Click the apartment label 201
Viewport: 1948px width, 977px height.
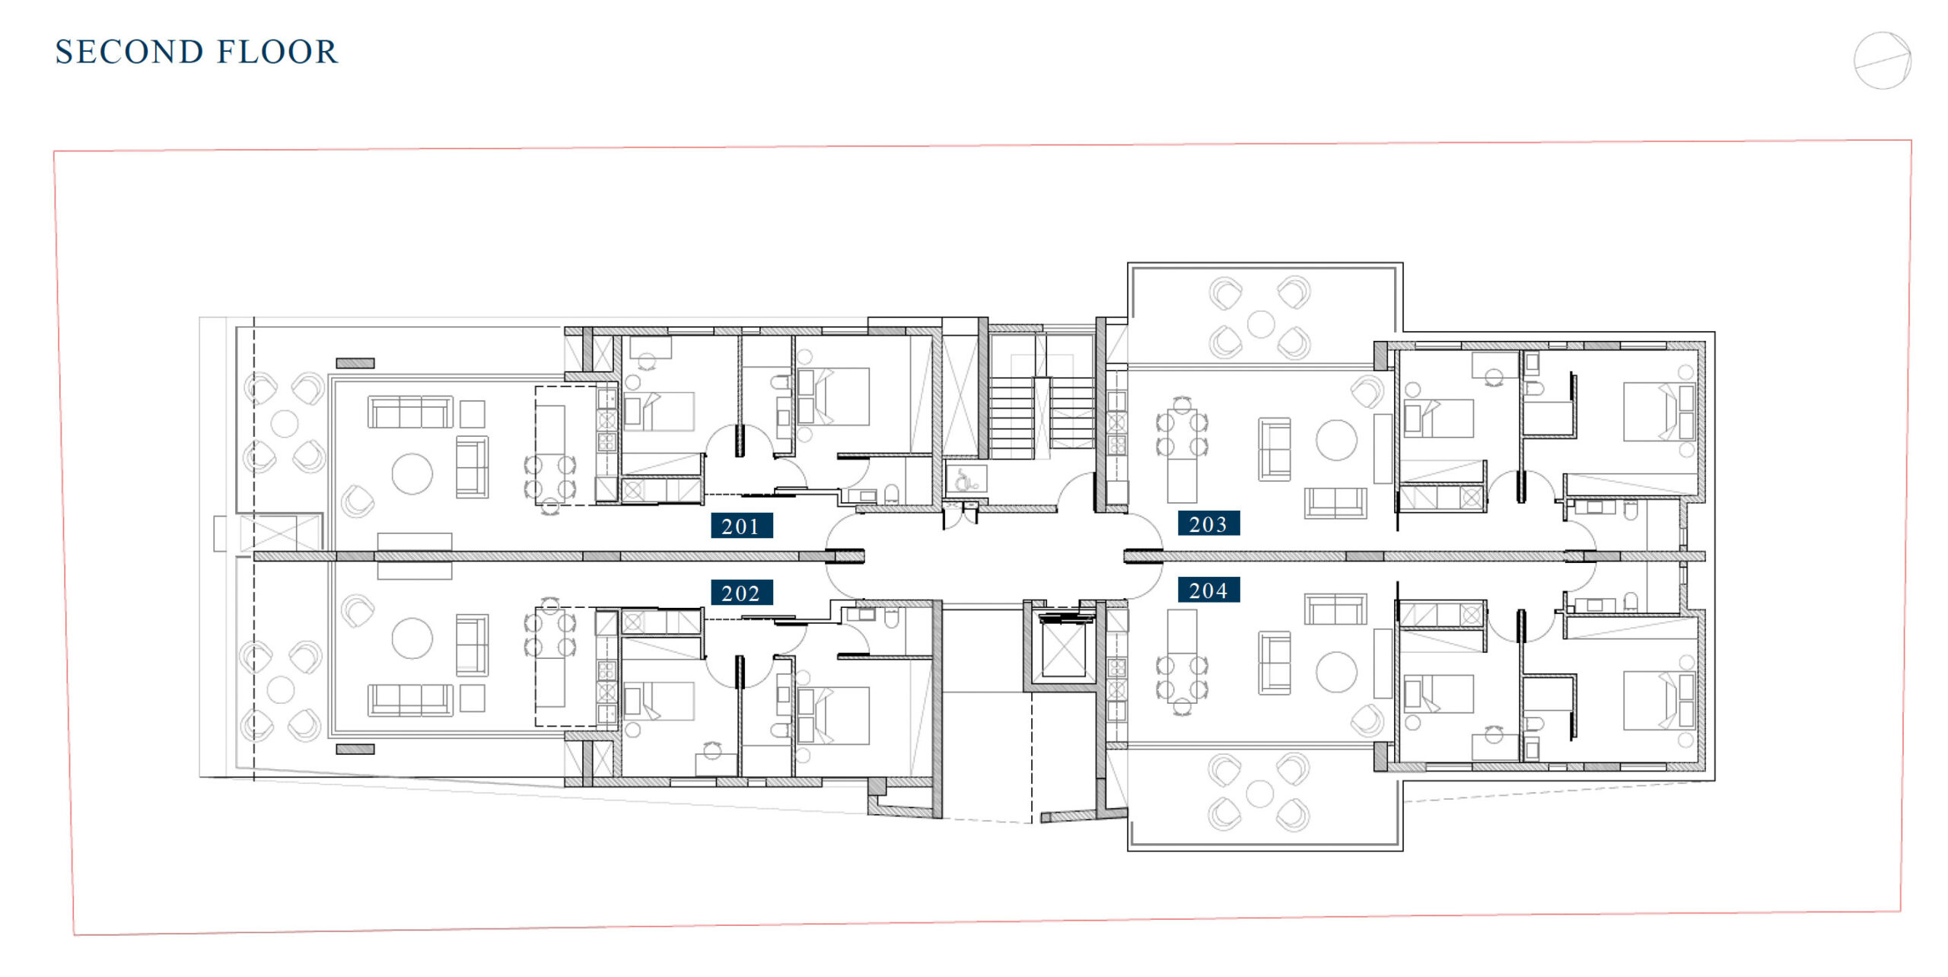tap(741, 526)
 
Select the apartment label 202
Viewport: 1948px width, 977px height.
tap(741, 593)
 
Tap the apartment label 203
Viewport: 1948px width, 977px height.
tap(1208, 524)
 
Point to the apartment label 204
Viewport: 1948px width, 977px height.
tap(1208, 590)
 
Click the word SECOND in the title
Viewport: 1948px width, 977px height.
tap(129, 52)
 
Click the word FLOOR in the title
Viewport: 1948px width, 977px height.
tap(277, 52)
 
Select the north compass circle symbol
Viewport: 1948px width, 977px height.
tap(1883, 61)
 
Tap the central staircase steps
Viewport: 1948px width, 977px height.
tap(1042, 418)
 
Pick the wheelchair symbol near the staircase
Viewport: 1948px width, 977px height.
tap(965, 479)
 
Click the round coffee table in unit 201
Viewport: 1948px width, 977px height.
tap(412, 473)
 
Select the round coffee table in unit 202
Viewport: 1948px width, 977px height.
tap(412, 638)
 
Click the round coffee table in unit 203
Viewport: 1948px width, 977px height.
tap(1336, 441)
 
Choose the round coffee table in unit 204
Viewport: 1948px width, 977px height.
tap(1336, 672)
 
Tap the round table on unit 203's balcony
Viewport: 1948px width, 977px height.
tap(1261, 324)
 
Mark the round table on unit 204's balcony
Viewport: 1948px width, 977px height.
tap(1260, 794)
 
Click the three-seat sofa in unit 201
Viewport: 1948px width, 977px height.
tap(411, 412)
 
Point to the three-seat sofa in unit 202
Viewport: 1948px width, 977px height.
tap(411, 700)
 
